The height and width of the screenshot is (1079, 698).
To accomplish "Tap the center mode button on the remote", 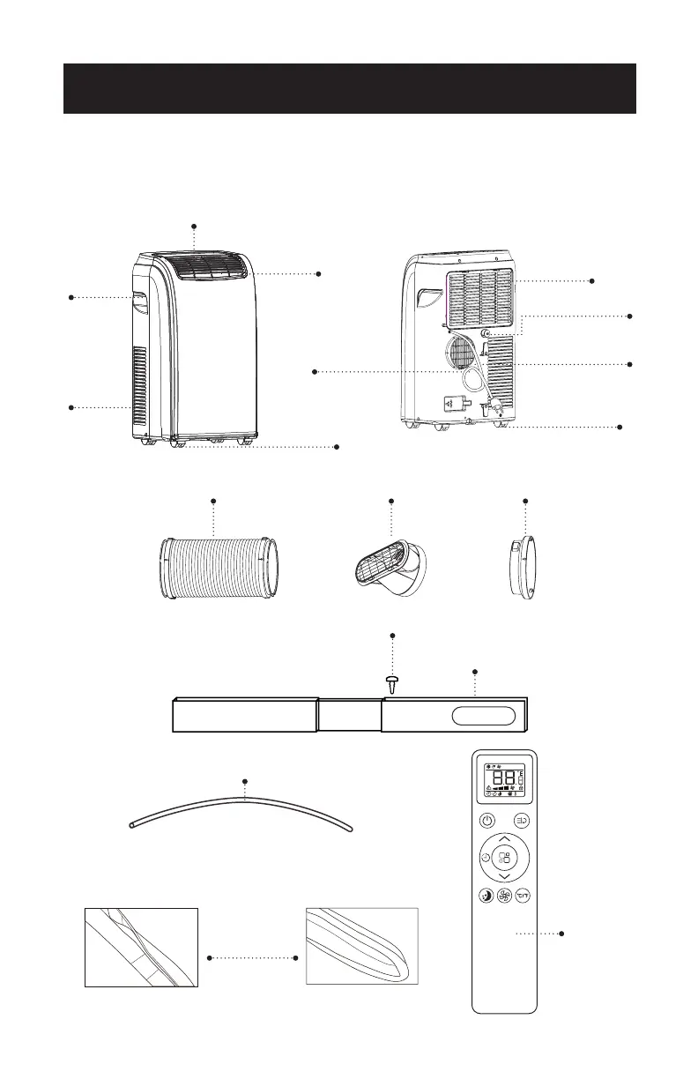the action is [503, 857].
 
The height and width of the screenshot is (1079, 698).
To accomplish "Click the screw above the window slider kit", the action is [392, 683].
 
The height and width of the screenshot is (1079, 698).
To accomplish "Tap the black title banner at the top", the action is [349, 88].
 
